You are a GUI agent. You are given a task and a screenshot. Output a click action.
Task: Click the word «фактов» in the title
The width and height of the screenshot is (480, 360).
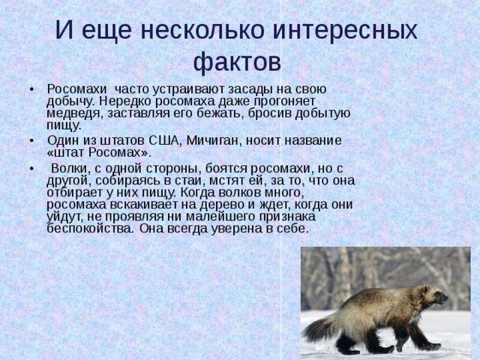[x=237, y=62]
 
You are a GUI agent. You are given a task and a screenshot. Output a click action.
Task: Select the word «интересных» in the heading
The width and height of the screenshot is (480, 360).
[x=345, y=30]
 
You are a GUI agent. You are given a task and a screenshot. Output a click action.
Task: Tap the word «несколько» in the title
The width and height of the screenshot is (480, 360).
[x=202, y=30]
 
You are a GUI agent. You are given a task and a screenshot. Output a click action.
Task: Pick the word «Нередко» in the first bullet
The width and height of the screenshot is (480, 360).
[x=125, y=101]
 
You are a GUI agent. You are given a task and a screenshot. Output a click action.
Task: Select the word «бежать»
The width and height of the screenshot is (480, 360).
[x=220, y=113]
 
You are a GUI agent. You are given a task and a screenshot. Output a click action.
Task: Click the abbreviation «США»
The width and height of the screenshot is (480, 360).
[x=163, y=141]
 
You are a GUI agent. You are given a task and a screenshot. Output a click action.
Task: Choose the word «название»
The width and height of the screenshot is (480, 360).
[x=313, y=141]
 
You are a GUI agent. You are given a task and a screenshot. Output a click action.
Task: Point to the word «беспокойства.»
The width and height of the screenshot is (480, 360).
[x=90, y=229]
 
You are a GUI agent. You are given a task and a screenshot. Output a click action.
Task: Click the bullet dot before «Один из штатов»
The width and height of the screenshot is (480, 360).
[x=31, y=141]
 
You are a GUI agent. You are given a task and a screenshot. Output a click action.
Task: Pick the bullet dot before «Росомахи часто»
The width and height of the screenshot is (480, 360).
[x=31, y=90]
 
